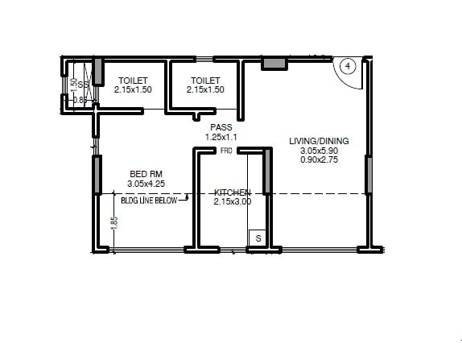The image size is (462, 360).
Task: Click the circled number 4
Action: [x=348, y=67]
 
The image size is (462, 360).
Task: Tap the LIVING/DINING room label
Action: [x=319, y=141]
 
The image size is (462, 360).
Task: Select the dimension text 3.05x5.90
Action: [x=319, y=151]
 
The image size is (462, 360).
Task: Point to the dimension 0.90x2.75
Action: [x=319, y=161]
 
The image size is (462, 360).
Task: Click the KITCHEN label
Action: [x=233, y=192]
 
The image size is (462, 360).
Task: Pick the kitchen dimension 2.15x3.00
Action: [x=233, y=202]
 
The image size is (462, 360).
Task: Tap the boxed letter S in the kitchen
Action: [x=258, y=238]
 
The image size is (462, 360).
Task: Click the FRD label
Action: [x=226, y=151]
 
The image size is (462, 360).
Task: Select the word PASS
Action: [x=221, y=127]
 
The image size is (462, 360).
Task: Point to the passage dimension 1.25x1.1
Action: [x=221, y=138]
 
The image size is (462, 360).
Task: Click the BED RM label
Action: [x=147, y=173]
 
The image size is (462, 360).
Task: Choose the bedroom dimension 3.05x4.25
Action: [x=147, y=184]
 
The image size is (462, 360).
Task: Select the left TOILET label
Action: [x=132, y=80]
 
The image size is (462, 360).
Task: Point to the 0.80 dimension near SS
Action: [x=80, y=100]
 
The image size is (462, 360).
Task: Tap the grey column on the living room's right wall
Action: [x=369, y=176]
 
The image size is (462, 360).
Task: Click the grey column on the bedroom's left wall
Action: [x=97, y=176]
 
